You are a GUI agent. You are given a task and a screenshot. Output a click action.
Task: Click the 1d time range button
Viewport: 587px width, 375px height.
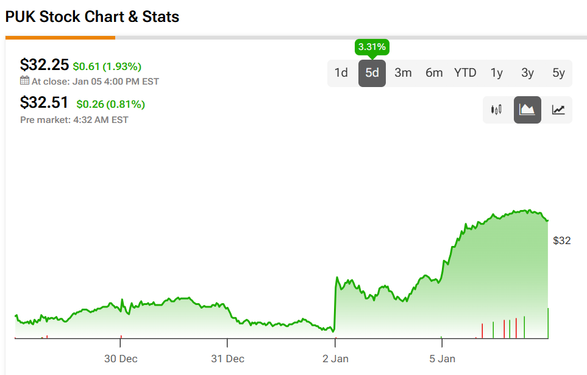click(341, 73)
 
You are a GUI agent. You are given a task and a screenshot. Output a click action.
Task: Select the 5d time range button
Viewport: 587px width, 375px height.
click(372, 73)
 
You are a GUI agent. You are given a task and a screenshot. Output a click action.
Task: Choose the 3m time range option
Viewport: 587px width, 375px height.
click(403, 73)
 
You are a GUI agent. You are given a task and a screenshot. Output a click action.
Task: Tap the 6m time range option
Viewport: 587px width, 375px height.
click(434, 73)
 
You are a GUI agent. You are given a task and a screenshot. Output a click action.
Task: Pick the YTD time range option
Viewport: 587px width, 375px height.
click(465, 73)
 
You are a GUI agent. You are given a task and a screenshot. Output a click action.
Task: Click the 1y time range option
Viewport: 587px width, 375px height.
click(497, 73)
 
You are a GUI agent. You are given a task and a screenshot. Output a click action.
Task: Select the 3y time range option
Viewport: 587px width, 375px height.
click(528, 73)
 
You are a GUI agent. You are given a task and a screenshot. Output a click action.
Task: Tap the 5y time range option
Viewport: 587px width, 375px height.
click(558, 73)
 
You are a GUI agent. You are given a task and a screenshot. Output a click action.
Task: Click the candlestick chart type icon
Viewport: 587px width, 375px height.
click(496, 110)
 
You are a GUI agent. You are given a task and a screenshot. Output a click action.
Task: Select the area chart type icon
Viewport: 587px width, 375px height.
click(527, 110)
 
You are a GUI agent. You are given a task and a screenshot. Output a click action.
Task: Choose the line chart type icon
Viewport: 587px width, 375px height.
click(558, 110)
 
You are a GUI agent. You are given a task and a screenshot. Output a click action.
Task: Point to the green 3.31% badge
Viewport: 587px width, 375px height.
click(372, 47)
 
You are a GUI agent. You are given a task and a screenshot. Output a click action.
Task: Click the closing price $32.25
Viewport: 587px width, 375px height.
click(44, 65)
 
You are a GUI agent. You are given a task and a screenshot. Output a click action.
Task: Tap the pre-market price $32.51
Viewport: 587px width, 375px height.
click(44, 103)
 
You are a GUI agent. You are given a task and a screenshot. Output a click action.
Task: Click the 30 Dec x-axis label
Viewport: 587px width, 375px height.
click(121, 359)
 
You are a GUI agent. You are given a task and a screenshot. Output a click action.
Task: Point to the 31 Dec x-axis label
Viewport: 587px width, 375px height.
click(228, 359)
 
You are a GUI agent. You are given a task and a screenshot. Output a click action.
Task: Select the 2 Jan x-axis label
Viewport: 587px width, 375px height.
click(336, 359)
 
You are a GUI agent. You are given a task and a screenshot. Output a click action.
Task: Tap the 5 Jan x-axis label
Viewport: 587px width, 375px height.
click(443, 359)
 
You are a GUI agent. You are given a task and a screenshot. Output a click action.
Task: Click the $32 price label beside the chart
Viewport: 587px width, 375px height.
click(561, 240)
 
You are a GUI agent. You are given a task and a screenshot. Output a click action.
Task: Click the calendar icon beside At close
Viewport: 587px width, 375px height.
click(24, 81)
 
